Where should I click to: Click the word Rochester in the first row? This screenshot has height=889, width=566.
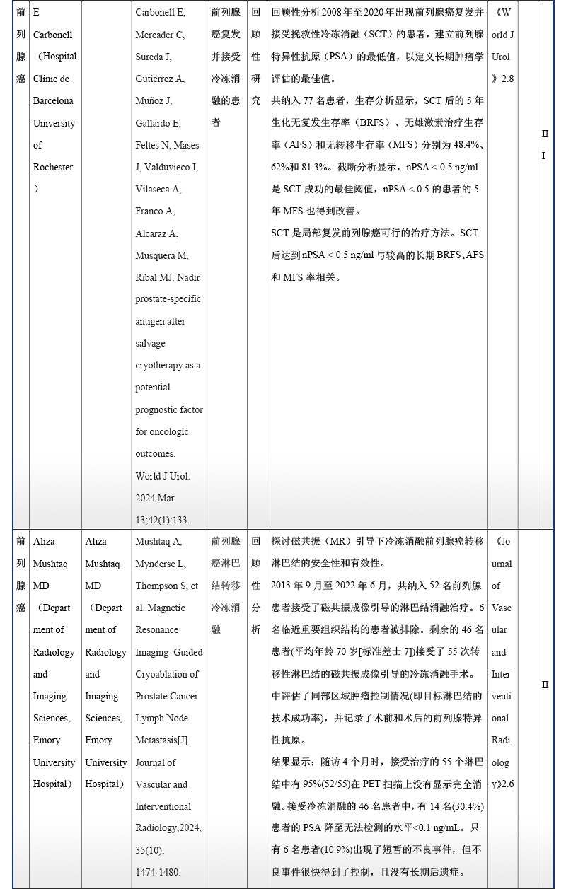53,167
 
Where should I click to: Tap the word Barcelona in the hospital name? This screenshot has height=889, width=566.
53,100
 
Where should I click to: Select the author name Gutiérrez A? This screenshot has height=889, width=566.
160,79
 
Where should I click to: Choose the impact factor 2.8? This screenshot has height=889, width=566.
507,79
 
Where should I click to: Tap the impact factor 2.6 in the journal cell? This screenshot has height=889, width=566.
507,784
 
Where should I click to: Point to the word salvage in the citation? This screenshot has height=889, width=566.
151,343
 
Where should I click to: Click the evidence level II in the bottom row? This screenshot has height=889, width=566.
545,685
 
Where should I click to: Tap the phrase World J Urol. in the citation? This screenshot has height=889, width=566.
163,476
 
